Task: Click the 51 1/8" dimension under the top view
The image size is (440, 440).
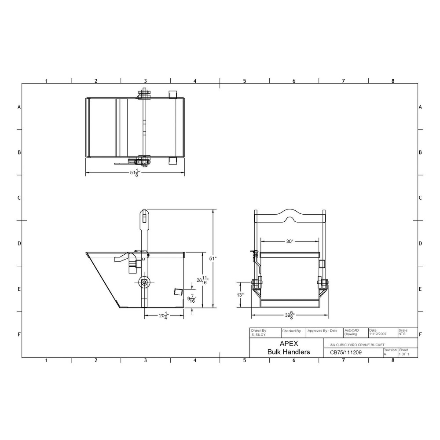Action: [x=133, y=172]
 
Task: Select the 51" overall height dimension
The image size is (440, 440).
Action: [x=213, y=258]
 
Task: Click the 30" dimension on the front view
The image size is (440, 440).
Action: [x=289, y=241]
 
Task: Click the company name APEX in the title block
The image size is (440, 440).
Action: [x=289, y=344]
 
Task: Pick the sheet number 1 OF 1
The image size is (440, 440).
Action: [x=403, y=354]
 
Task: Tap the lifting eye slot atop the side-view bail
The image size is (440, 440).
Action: [x=144, y=217]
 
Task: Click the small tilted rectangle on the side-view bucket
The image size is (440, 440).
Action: [x=177, y=292]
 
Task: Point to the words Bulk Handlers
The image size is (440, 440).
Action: [x=289, y=352]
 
